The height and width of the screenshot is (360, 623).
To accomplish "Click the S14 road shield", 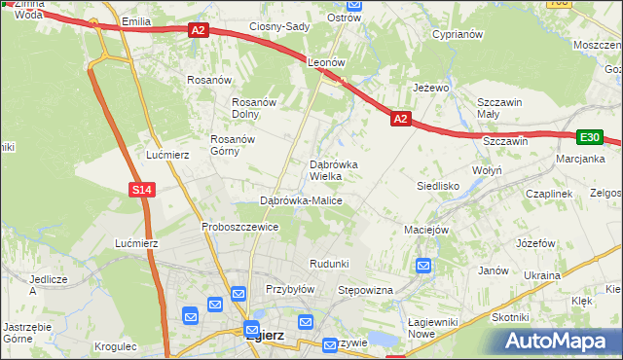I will point(142,189).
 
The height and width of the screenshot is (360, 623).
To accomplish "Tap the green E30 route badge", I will point(589,138).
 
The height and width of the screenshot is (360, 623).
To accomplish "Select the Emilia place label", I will point(137,20).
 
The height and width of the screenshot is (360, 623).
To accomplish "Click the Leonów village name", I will point(327,61).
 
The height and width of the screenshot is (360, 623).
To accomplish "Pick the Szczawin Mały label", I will point(500,108).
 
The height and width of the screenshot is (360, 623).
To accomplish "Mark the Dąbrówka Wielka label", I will point(333,170).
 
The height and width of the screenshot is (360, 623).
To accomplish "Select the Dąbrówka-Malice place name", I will point(301,200).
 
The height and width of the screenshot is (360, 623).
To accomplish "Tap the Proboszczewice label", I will point(240,227).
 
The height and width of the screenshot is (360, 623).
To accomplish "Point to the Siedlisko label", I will point(437,185).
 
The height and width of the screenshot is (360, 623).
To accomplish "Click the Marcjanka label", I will point(580,159).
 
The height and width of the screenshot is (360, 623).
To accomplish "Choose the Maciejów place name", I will point(425,230).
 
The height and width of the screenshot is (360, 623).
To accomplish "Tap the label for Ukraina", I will point(542,275).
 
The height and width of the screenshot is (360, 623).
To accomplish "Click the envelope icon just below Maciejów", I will point(424,265).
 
